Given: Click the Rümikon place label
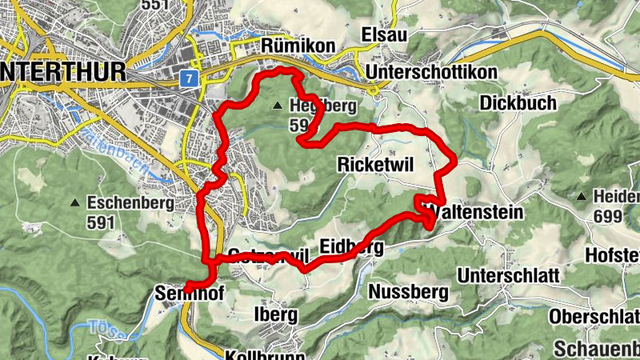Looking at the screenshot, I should (x=298, y=46).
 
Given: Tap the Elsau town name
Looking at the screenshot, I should (x=385, y=35).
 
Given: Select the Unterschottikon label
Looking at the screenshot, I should (x=432, y=73).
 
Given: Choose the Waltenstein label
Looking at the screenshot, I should (x=477, y=212).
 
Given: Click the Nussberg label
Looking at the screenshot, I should (x=409, y=292).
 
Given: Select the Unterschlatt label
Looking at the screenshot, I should (x=509, y=274).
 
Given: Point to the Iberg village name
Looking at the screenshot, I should (x=275, y=314).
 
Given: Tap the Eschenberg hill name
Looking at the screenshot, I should (x=130, y=202).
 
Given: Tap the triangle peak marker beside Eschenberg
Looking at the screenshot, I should (x=75, y=202).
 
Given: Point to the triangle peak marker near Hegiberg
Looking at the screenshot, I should (x=277, y=105).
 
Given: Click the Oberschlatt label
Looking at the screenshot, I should (x=594, y=315).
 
